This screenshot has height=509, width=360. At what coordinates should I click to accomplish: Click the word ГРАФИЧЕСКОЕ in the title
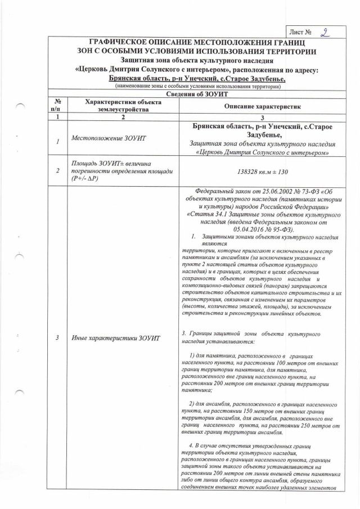click(123, 43)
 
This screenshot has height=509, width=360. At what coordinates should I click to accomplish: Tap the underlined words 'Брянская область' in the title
click(136, 79)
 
